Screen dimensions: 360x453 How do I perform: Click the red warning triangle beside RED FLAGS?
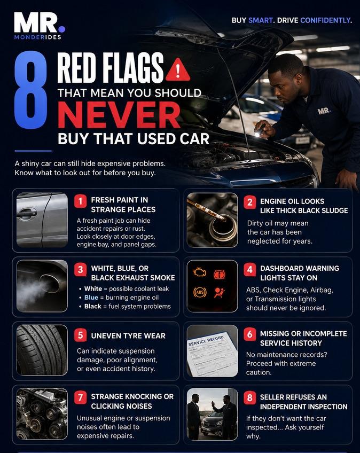point(178,70)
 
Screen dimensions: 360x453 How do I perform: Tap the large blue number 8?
point(30,90)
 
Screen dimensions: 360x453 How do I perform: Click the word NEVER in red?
point(119,115)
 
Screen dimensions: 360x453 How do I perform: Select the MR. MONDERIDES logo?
point(40,26)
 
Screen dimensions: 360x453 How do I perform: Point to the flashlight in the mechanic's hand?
point(260,130)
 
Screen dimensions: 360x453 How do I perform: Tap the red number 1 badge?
point(80,200)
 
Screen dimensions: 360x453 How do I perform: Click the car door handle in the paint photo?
point(27,214)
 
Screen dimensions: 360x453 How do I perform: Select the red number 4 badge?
point(249,270)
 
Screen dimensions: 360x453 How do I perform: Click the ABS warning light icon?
point(200,292)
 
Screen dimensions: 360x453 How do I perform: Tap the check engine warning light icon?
point(200,272)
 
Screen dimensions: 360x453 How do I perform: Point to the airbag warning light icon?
point(220,293)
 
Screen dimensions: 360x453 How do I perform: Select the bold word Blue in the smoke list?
point(91,298)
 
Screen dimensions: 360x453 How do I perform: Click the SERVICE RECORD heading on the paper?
point(206,341)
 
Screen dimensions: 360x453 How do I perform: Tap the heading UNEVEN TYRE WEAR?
point(128,335)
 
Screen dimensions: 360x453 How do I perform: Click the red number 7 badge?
point(80,397)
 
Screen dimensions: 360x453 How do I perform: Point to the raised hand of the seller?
point(213,403)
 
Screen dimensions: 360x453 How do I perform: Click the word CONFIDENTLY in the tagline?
point(326,20)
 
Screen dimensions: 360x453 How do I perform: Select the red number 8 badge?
point(249,398)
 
